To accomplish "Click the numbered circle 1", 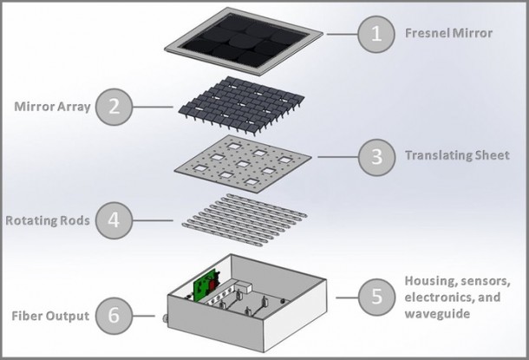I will click(x=376, y=35).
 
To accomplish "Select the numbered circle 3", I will click(x=376, y=157).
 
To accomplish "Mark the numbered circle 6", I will click(x=115, y=316).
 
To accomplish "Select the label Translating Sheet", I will click(x=452, y=157).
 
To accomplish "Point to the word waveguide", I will click(x=439, y=312).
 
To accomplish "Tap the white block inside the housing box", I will click(x=245, y=285).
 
